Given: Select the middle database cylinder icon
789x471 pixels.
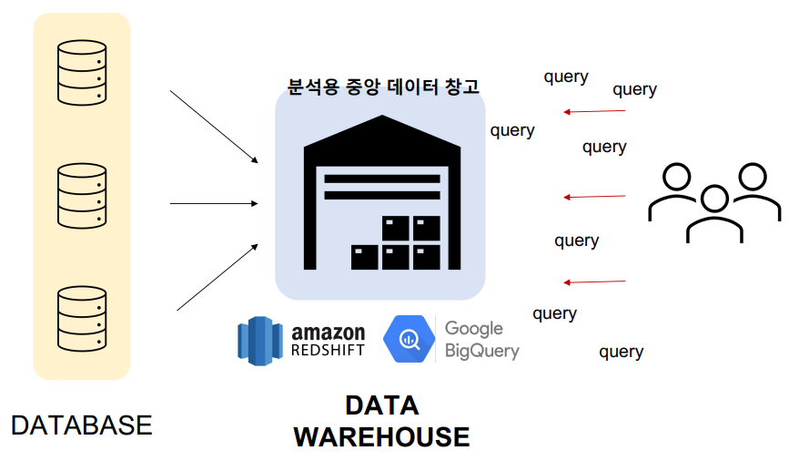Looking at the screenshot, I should [81, 194].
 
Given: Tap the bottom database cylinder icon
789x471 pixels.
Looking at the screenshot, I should [81, 319].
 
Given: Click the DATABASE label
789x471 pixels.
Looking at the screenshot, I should [81, 425].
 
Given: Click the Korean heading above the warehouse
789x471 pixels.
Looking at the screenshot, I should [383, 87].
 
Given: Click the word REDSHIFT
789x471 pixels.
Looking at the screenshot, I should [328, 350].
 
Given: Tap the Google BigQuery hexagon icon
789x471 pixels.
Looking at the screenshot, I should [408, 338].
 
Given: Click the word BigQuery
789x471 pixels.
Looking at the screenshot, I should [481, 350].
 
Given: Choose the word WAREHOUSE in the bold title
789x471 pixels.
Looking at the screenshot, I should [381, 437].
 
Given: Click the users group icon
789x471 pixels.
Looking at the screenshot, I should [714, 201].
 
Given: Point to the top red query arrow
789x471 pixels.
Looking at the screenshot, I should [594, 112].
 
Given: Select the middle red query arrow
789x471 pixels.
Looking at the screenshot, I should [594, 197].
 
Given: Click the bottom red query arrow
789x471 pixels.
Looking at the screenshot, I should [594, 282].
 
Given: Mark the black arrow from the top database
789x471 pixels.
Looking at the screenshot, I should [215, 127].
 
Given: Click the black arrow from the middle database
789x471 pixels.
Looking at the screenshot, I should [215, 204].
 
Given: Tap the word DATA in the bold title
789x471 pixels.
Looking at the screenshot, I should [381, 405].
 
